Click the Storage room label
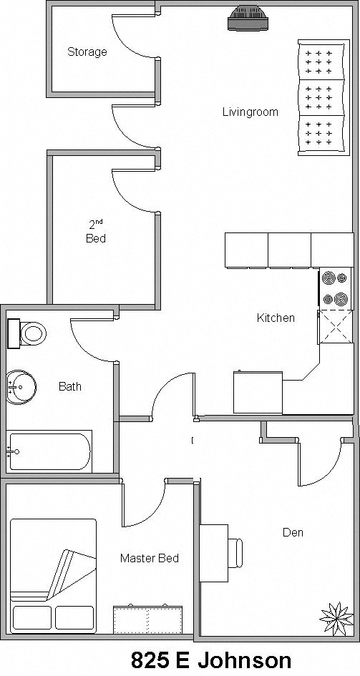87,52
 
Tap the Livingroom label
250,112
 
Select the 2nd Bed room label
96,233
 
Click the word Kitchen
276,318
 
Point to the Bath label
70,386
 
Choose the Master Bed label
149,558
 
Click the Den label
293,532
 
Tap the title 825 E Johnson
211,660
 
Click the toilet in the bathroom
29,333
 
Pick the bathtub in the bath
50,451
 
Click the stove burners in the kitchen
336,288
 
